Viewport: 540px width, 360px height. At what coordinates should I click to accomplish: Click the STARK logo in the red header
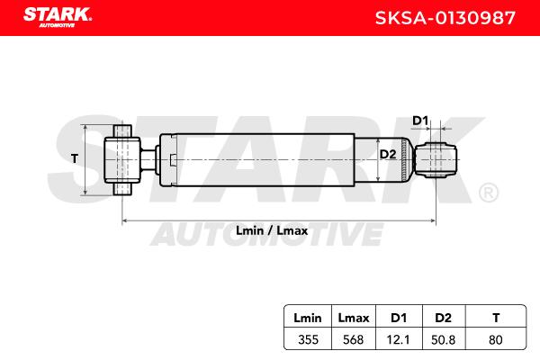pyautogui.click(x=58, y=16)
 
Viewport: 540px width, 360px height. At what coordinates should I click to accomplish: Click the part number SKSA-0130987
pyautogui.click(x=445, y=18)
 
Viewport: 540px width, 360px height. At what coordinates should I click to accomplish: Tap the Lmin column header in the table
pyautogui.click(x=308, y=318)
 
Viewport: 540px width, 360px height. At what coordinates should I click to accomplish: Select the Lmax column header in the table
pyautogui.click(x=354, y=318)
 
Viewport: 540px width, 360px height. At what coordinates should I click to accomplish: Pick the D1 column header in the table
pyautogui.click(x=399, y=318)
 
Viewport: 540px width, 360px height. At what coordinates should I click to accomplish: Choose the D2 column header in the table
pyautogui.click(x=443, y=318)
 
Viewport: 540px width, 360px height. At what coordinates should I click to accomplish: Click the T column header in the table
pyautogui.click(x=496, y=318)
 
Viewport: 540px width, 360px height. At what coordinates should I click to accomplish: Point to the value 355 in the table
pyautogui.click(x=308, y=339)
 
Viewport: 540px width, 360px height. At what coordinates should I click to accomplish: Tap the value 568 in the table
pyautogui.click(x=354, y=339)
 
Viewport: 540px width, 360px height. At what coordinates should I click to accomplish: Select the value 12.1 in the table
pyautogui.click(x=399, y=339)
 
